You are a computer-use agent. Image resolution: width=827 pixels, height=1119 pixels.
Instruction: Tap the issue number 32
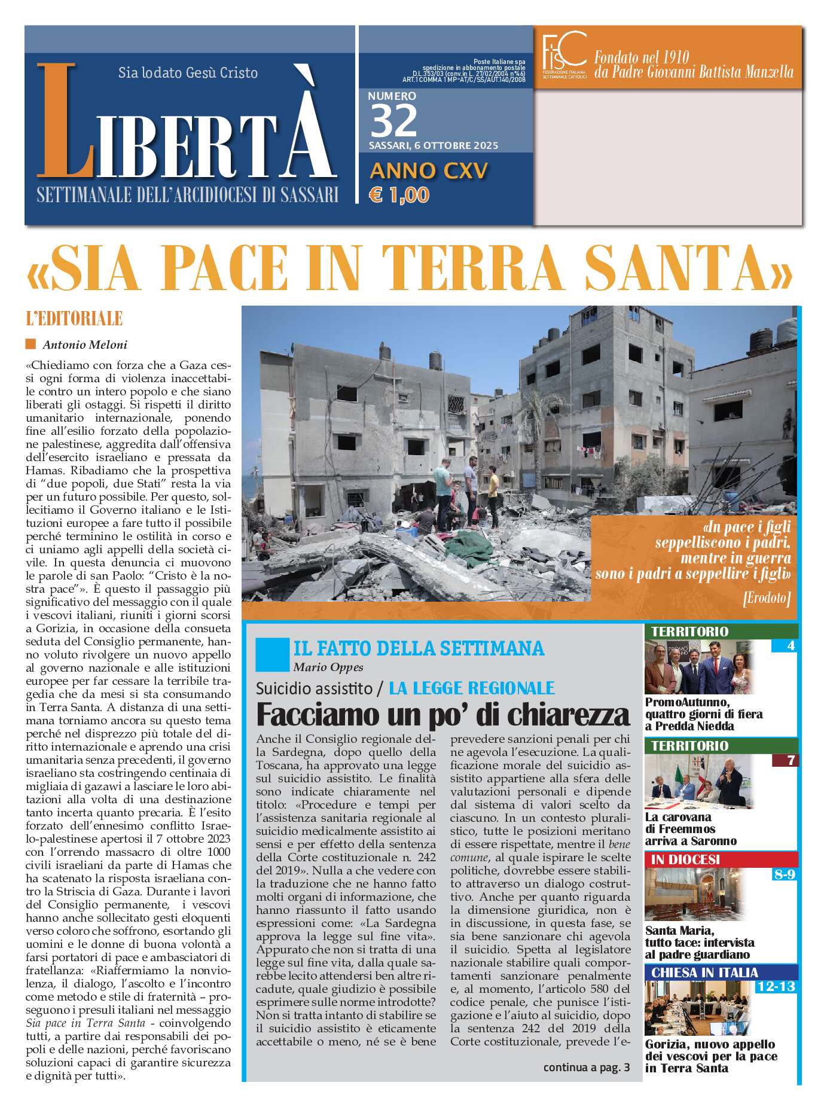393,121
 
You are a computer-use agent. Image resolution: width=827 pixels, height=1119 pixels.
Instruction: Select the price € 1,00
399,195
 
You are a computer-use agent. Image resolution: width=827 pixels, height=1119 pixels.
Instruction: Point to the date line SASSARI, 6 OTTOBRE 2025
433,145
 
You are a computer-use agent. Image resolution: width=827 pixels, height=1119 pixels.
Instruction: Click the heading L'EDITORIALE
75,319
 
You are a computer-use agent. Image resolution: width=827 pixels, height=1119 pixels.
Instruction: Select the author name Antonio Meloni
85,344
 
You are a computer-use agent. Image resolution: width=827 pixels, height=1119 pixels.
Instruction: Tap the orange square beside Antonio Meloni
31,344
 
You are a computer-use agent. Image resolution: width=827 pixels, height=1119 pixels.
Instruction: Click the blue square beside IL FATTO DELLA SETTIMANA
271,654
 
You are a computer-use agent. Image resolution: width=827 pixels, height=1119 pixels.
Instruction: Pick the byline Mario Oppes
328,667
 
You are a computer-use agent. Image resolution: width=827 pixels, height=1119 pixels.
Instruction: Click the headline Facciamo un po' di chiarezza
443,714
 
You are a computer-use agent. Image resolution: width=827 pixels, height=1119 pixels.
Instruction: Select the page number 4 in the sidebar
791,646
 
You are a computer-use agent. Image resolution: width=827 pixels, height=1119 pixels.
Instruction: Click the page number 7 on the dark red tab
791,761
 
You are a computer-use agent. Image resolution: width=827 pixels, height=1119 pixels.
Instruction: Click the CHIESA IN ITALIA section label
704,972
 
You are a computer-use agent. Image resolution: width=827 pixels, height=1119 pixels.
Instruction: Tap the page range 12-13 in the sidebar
776,986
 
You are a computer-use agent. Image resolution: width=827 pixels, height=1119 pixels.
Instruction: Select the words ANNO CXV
429,171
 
